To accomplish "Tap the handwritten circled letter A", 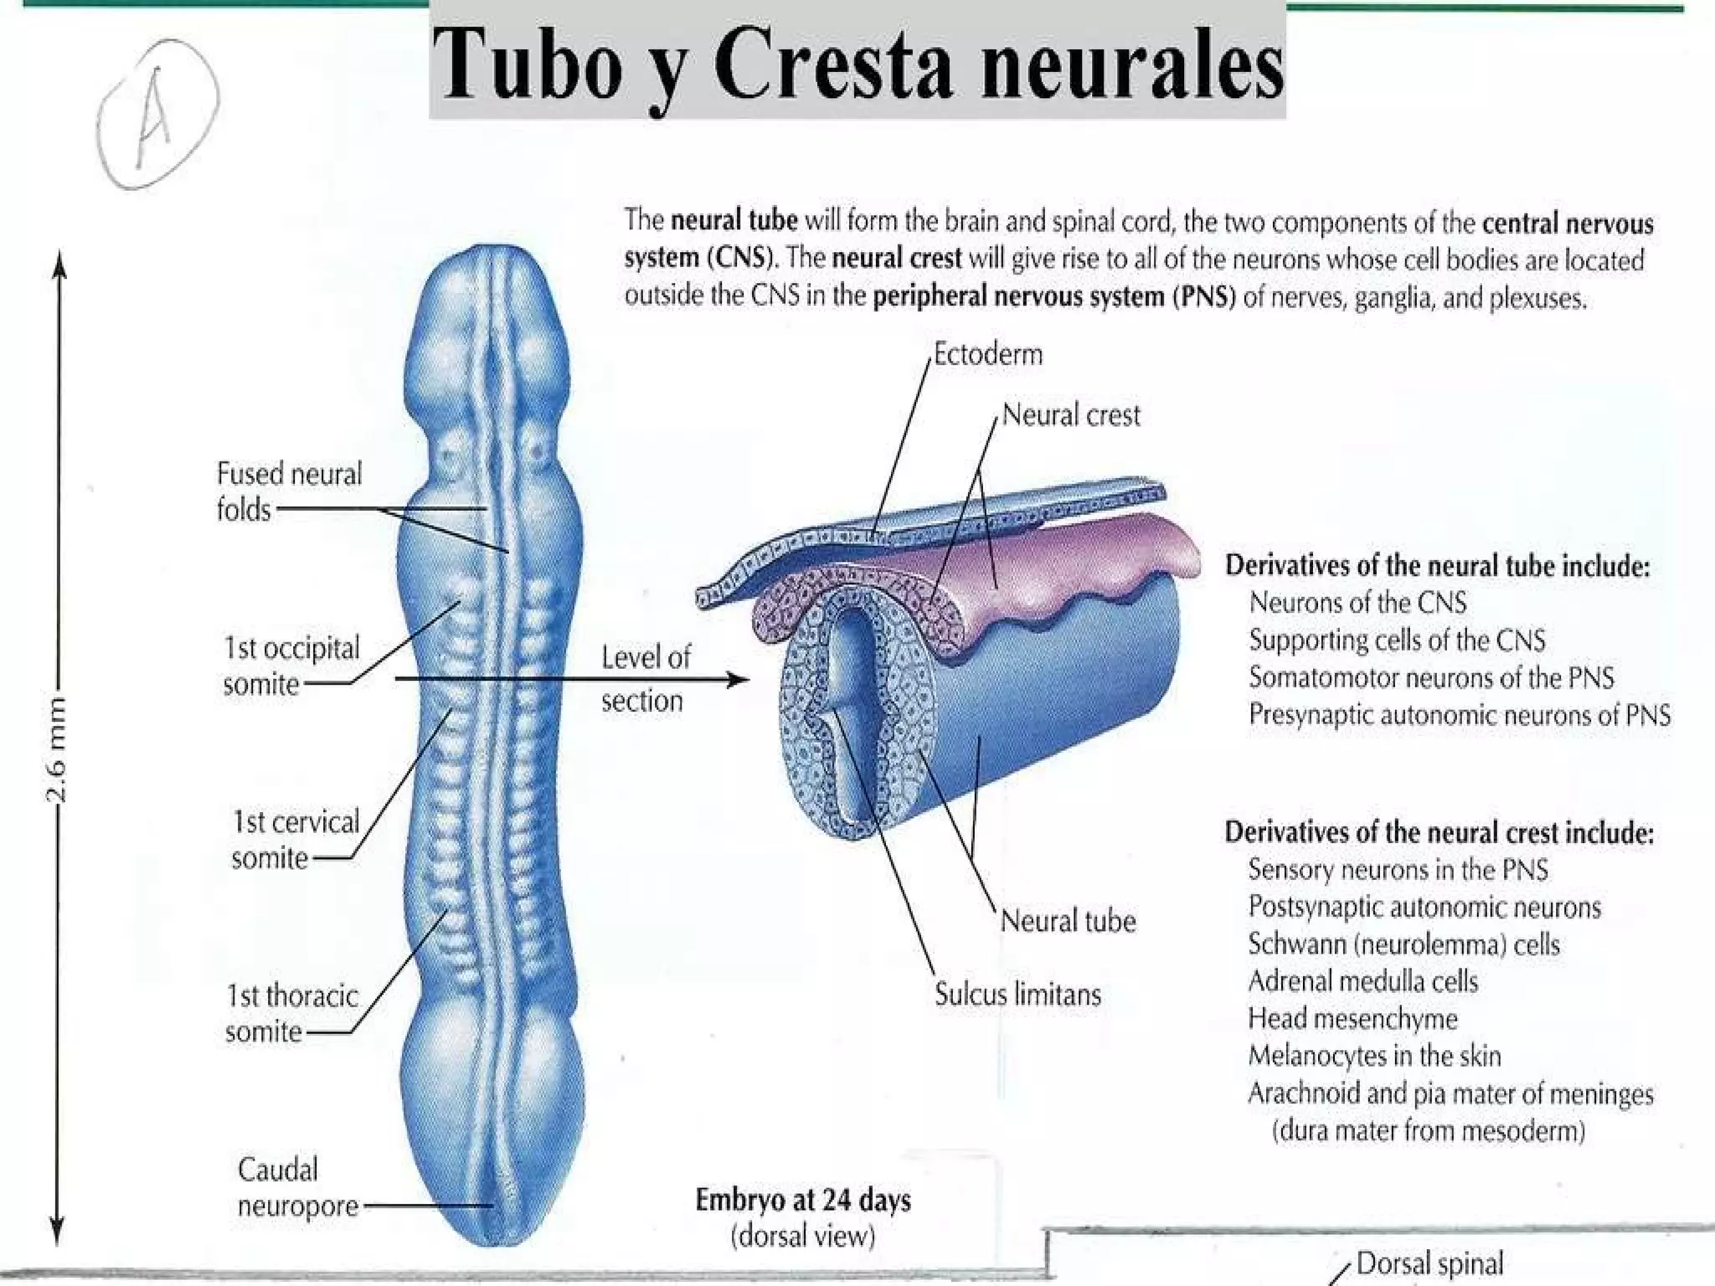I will [157, 114].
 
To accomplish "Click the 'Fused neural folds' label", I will [288, 491].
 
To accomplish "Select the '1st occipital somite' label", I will [290, 666].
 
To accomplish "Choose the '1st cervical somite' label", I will [295, 840].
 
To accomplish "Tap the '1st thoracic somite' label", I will [291, 1013].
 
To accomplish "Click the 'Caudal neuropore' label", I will [297, 1187].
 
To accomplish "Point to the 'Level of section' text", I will [645, 678].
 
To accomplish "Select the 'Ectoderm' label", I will [988, 354].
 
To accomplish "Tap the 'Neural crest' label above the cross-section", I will [1071, 415].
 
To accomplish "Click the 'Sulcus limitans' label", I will [1017, 995].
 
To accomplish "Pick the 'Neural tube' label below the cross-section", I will [1068, 921].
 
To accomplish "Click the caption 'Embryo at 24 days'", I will [802, 1200].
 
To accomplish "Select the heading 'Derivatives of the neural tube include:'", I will [1437, 566].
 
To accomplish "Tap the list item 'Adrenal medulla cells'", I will [1362, 981].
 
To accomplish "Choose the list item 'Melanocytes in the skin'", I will [1374, 1056].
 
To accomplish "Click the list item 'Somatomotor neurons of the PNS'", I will [1431, 677].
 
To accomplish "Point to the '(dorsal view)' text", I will [802, 1237].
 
